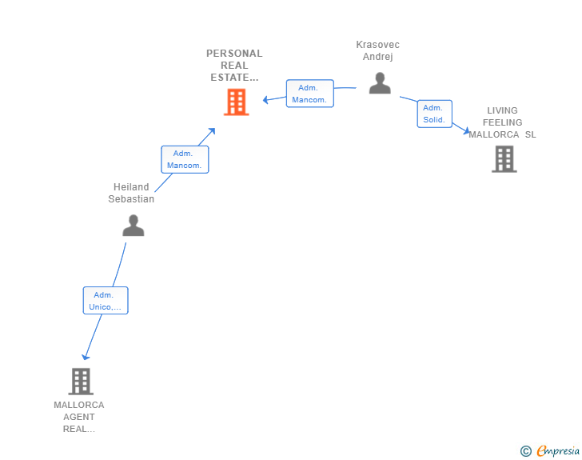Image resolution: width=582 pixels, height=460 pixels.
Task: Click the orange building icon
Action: [236, 102]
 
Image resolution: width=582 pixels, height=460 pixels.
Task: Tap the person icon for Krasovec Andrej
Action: [380, 83]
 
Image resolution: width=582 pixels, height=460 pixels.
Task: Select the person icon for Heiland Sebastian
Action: [134, 225]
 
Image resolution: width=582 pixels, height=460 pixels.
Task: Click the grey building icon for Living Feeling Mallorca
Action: [504, 159]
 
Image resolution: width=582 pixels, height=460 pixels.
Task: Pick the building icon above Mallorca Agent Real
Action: [81, 382]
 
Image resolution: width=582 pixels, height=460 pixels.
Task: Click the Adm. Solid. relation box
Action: [434, 114]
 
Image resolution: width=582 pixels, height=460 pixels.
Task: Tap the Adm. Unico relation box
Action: [106, 300]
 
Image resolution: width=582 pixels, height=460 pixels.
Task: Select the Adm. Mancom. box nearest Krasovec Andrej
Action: [309, 94]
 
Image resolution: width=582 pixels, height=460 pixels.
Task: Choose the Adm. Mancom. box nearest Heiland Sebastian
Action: [185, 159]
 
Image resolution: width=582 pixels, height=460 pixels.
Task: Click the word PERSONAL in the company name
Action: [234, 54]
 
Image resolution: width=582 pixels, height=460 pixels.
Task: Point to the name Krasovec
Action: [378, 45]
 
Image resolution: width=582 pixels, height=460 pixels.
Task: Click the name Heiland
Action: [131, 187]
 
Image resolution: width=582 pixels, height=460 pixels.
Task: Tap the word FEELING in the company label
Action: [502, 122]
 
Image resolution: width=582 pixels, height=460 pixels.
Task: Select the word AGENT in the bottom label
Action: [79, 417]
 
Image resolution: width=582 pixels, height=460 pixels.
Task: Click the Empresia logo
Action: [558, 450]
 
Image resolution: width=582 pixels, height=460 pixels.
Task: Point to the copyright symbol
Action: [525, 451]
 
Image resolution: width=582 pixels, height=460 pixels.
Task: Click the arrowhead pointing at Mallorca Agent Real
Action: [86, 358]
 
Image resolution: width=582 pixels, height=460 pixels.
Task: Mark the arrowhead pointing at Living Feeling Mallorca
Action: [467, 130]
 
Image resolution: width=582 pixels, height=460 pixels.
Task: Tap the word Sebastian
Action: [131, 198]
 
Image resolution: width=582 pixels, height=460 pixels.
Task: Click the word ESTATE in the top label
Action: [229, 78]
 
